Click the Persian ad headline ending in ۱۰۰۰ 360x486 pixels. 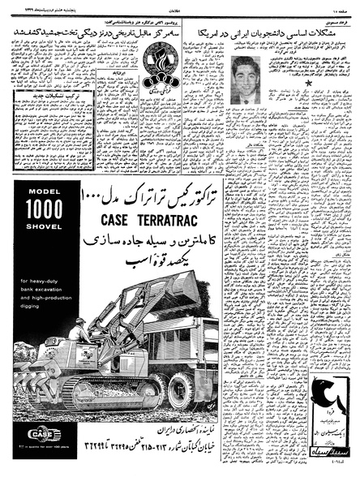click(138, 194)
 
